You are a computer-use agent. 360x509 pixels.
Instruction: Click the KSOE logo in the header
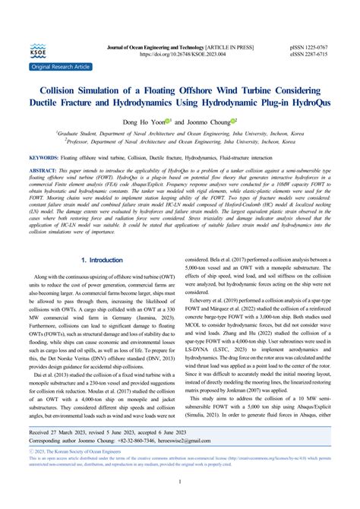click(37, 52)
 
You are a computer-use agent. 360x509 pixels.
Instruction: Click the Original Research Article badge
click(60, 67)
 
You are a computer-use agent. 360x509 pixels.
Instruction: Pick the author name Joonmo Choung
click(207, 121)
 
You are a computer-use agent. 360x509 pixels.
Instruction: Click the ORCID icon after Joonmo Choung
click(235, 120)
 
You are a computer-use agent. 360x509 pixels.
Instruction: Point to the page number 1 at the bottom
click(179, 502)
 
